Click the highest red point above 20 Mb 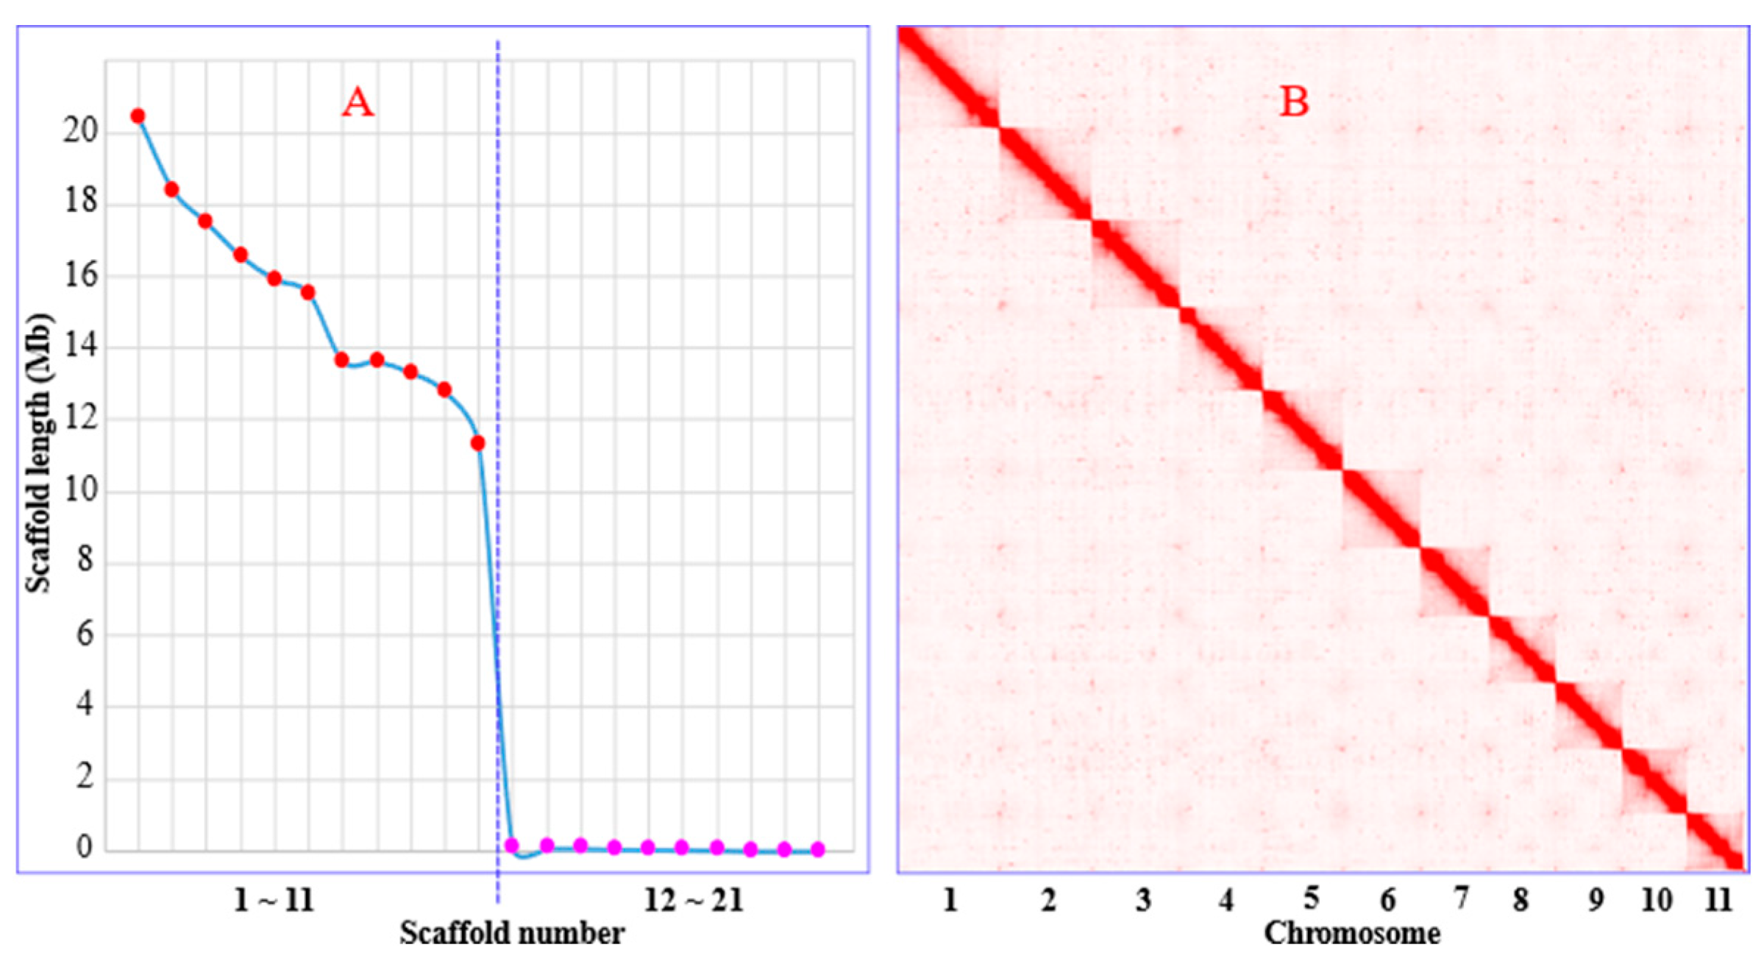pos(138,116)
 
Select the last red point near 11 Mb pos(477,443)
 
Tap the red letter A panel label pos(358,102)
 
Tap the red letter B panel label pos(1294,102)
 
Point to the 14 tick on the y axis pos(81,345)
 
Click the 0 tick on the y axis pos(85,847)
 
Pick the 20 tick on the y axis pos(80,130)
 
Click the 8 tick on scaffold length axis pos(85,560)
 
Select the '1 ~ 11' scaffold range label pos(274,900)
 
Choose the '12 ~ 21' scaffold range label pos(694,900)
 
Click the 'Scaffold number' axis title pos(512,933)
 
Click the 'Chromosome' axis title pos(1352,933)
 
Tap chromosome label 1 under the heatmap pos(950,900)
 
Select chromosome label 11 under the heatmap pos(1718,900)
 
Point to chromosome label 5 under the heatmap pos(1311,899)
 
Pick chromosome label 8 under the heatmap pos(1521,900)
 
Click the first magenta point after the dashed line pos(512,846)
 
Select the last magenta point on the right pos(818,850)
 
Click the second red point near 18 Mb pos(171,190)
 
